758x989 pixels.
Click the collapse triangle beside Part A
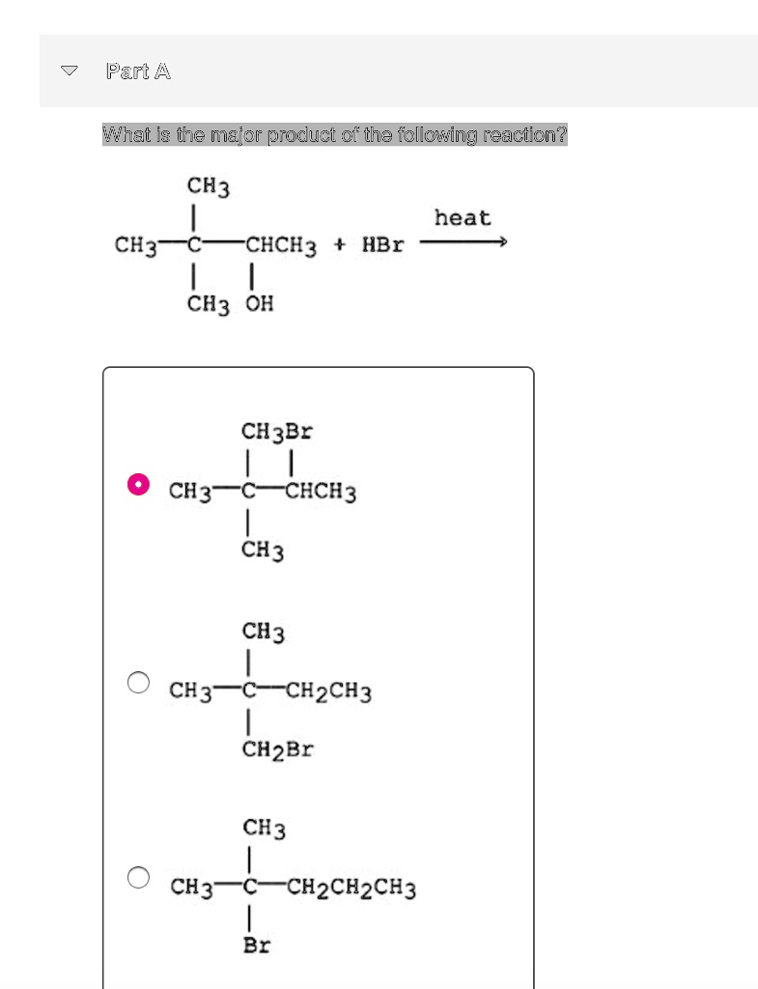pyautogui.click(x=69, y=71)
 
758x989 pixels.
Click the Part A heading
pyautogui.click(x=138, y=71)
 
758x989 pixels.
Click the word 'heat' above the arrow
pyautogui.click(x=463, y=218)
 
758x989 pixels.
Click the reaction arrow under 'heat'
pyautogui.click(x=463, y=243)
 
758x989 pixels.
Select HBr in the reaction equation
pyautogui.click(x=382, y=244)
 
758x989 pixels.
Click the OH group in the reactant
pyautogui.click(x=258, y=304)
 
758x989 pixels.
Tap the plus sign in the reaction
pyautogui.click(x=339, y=244)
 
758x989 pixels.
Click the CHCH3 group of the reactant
pyautogui.click(x=280, y=244)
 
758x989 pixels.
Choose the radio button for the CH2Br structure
pyautogui.click(x=139, y=683)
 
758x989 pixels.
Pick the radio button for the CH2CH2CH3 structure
pyautogui.click(x=139, y=877)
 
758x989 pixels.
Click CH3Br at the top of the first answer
pyautogui.click(x=276, y=431)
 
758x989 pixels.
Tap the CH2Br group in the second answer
pyautogui.click(x=277, y=749)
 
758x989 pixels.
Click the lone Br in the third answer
pyautogui.click(x=257, y=945)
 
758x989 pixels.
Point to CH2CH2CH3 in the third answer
pyautogui.click(x=351, y=887)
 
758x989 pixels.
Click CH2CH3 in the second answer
pyautogui.click(x=329, y=692)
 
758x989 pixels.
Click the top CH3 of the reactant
pyautogui.click(x=209, y=185)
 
